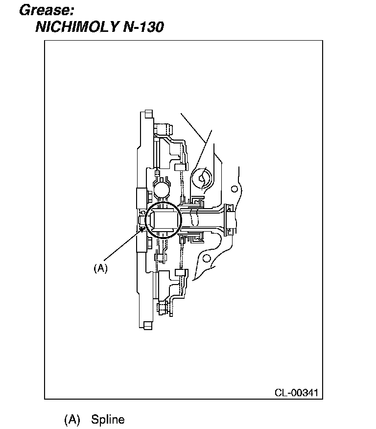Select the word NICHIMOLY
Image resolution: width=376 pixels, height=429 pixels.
coord(75,26)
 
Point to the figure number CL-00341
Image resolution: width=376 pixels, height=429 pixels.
coord(296,393)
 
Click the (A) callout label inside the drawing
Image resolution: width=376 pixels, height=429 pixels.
coord(100,268)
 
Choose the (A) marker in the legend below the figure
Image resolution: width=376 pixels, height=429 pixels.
coord(72,420)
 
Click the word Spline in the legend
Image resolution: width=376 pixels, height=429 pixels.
coord(108,420)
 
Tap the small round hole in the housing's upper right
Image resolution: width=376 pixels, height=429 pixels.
coord(235,189)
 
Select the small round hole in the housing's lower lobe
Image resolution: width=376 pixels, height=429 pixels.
coord(206,258)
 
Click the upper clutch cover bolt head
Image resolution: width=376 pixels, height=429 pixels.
coord(164,130)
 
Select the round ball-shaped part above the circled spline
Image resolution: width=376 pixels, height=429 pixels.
coord(161,188)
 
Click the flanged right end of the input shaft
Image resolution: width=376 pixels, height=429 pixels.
coord(229,219)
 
